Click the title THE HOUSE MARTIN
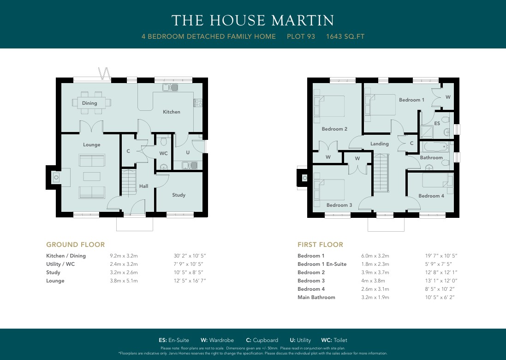coord(253,21)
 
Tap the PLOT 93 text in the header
coord(301,36)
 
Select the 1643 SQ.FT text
coord(345,36)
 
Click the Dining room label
coord(89,103)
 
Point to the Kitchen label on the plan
coord(171,112)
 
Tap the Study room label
coord(179,195)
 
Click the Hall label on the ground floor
coord(144,186)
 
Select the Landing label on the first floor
coord(379,144)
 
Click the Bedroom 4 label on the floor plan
coord(431,196)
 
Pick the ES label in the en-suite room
coord(437,124)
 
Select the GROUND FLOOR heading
coord(75,245)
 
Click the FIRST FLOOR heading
coord(320,245)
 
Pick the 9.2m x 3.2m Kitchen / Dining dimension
coord(124,256)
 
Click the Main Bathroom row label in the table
coord(316,297)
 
